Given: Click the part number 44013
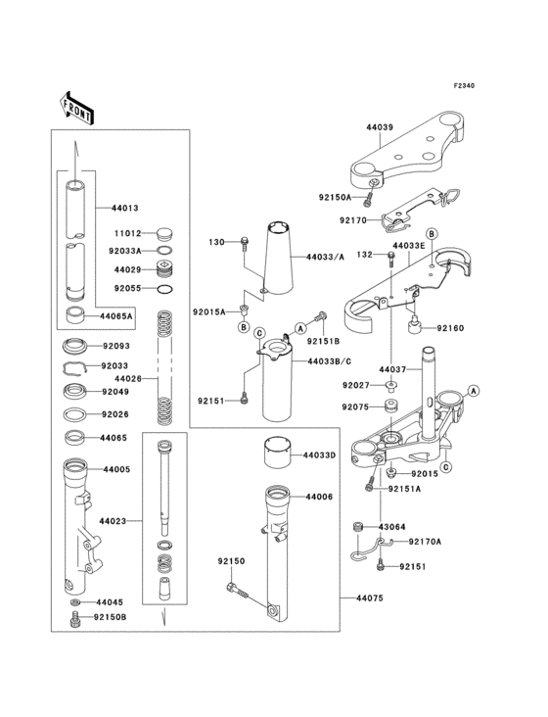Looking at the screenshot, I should [124, 208].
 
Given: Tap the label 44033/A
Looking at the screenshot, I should [325, 257].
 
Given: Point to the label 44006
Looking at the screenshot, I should [319, 498].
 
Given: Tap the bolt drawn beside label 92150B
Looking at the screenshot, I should [74, 618].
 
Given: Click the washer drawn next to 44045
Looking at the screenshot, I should [75, 601].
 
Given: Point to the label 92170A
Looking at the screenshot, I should [425, 541].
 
